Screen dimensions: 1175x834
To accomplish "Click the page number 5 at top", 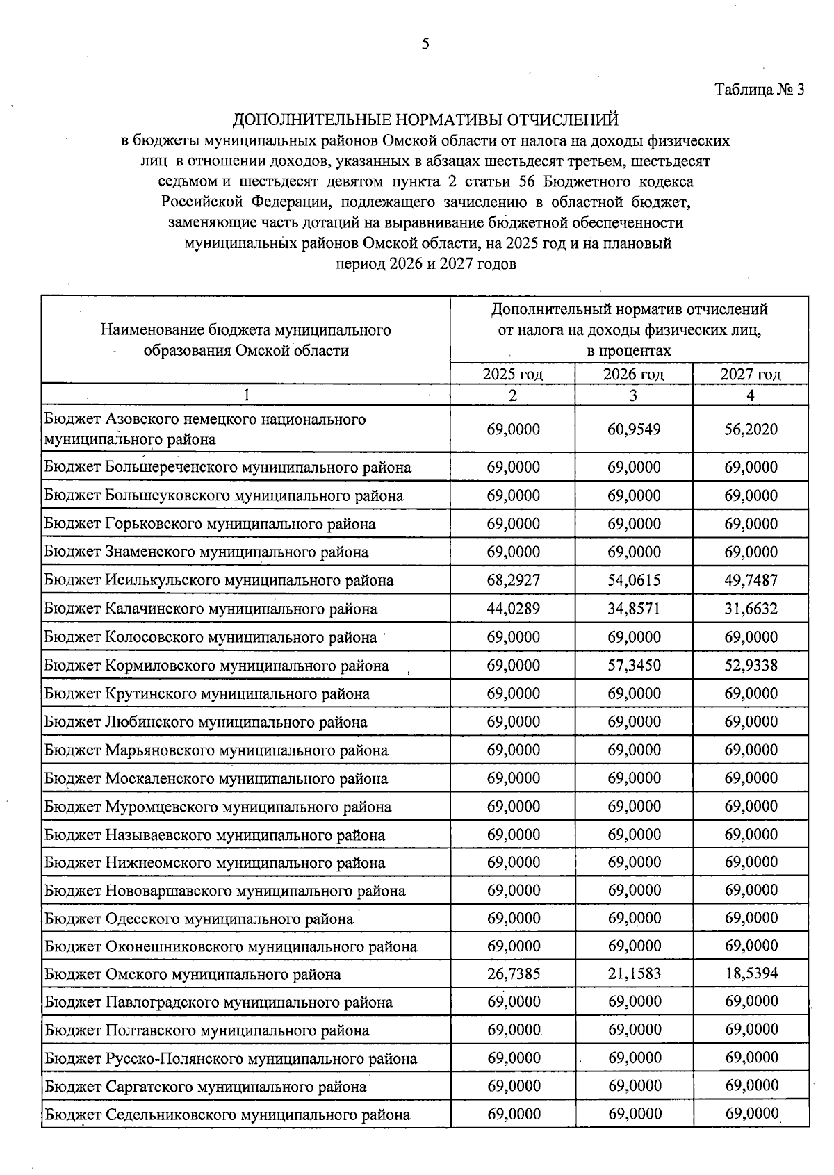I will tap(425, 44).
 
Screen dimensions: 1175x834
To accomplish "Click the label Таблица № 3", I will tap(759, 90).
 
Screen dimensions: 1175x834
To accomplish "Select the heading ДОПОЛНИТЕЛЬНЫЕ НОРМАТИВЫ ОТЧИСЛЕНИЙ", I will tap(425, 120).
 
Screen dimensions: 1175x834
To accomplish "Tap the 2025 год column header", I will tap(513, 375).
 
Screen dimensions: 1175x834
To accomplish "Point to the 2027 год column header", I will tap(751, 375).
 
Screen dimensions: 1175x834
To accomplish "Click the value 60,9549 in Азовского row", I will tap(634, 429).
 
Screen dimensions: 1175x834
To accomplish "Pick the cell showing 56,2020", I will tap(751, 429).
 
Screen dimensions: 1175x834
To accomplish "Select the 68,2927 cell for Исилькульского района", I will tap(514, 580).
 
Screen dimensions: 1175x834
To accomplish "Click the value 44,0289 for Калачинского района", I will tap(514, 609).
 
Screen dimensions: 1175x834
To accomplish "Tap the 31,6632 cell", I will tap(751, 609).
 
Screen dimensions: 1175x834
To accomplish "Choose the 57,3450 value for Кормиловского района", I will tap(634, 666).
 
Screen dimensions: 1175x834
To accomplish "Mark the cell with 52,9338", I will tap(751, 666).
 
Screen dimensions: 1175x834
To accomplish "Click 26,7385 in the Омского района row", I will tap(514, 974).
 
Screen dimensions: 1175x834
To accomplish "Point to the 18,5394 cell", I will tap(751, 974).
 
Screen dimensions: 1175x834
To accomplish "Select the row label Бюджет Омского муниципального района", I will tap(193, 975).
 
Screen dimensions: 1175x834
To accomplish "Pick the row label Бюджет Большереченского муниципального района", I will tap(228, 468).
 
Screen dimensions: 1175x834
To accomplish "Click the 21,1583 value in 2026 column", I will tap(634, 974).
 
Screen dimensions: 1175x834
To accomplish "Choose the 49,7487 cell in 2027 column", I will tap(751, 580).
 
